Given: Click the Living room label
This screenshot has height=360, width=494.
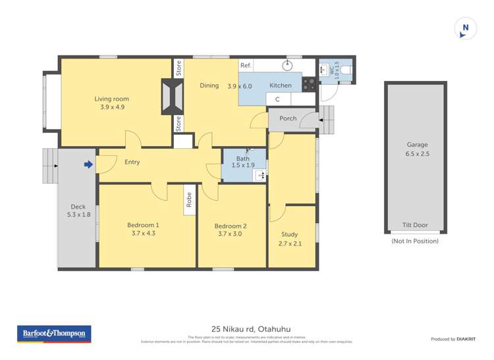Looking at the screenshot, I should coord(112,99).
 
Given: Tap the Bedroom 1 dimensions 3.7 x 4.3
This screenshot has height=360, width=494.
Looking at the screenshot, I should coord(143,233).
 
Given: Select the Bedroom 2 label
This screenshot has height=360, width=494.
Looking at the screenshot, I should coord(231,226).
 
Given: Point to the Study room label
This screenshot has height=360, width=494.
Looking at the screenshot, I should coord(289,234).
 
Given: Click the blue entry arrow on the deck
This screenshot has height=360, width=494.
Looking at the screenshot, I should coord(88,165).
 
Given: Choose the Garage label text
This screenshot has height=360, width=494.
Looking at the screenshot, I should coord(416,145).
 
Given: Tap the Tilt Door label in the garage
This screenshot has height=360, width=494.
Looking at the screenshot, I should coord(415,225).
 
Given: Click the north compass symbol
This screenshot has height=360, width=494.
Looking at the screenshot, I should coord(465,28).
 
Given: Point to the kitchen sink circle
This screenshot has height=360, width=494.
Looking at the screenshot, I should coord(288,66).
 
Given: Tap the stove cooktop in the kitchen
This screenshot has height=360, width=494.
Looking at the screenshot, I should coord(309,84).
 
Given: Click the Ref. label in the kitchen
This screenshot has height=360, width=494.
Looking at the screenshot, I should coord(246,65).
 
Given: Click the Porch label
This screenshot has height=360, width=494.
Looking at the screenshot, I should coord(288,118).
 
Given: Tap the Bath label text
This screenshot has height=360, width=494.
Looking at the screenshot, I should coord(243,158).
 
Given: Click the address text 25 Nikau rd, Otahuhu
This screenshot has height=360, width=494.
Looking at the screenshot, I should coord(250,328).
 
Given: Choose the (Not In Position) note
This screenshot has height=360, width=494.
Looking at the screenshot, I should coord(415,241).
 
